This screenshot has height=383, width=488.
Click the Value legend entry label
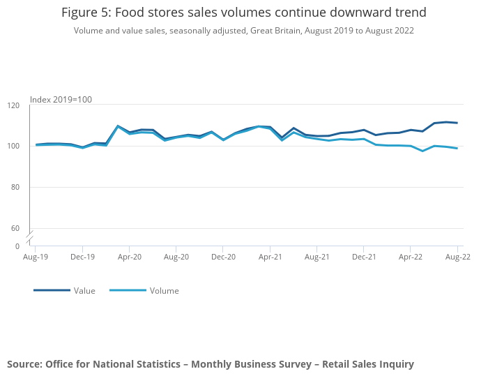pos(84,291)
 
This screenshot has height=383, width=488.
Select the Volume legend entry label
pos(164,291)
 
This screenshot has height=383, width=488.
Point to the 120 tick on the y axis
pos(14,105)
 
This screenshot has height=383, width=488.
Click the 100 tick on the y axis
pos(14,147)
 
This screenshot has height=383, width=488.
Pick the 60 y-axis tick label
pos(15,228)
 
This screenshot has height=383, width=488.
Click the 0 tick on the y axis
pos(17,246)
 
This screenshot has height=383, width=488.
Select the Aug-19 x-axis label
pos(36,257)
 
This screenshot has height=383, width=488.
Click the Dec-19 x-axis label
pos(82,257)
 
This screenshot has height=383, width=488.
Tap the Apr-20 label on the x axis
pos(130,257)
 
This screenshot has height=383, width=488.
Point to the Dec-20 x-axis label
pos(223,257)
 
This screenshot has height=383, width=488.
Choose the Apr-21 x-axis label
pos(270,257)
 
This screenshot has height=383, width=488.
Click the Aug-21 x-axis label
pos(317,257)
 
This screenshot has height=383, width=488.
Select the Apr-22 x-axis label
pos(411,257)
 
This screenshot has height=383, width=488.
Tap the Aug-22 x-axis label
pos(457,257)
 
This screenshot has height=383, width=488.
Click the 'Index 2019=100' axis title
pos(61,100)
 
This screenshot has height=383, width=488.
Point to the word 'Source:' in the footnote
pos(24,364)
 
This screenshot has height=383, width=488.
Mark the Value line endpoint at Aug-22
pos(457,123)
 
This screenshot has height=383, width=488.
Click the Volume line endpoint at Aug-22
pos(457,148)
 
